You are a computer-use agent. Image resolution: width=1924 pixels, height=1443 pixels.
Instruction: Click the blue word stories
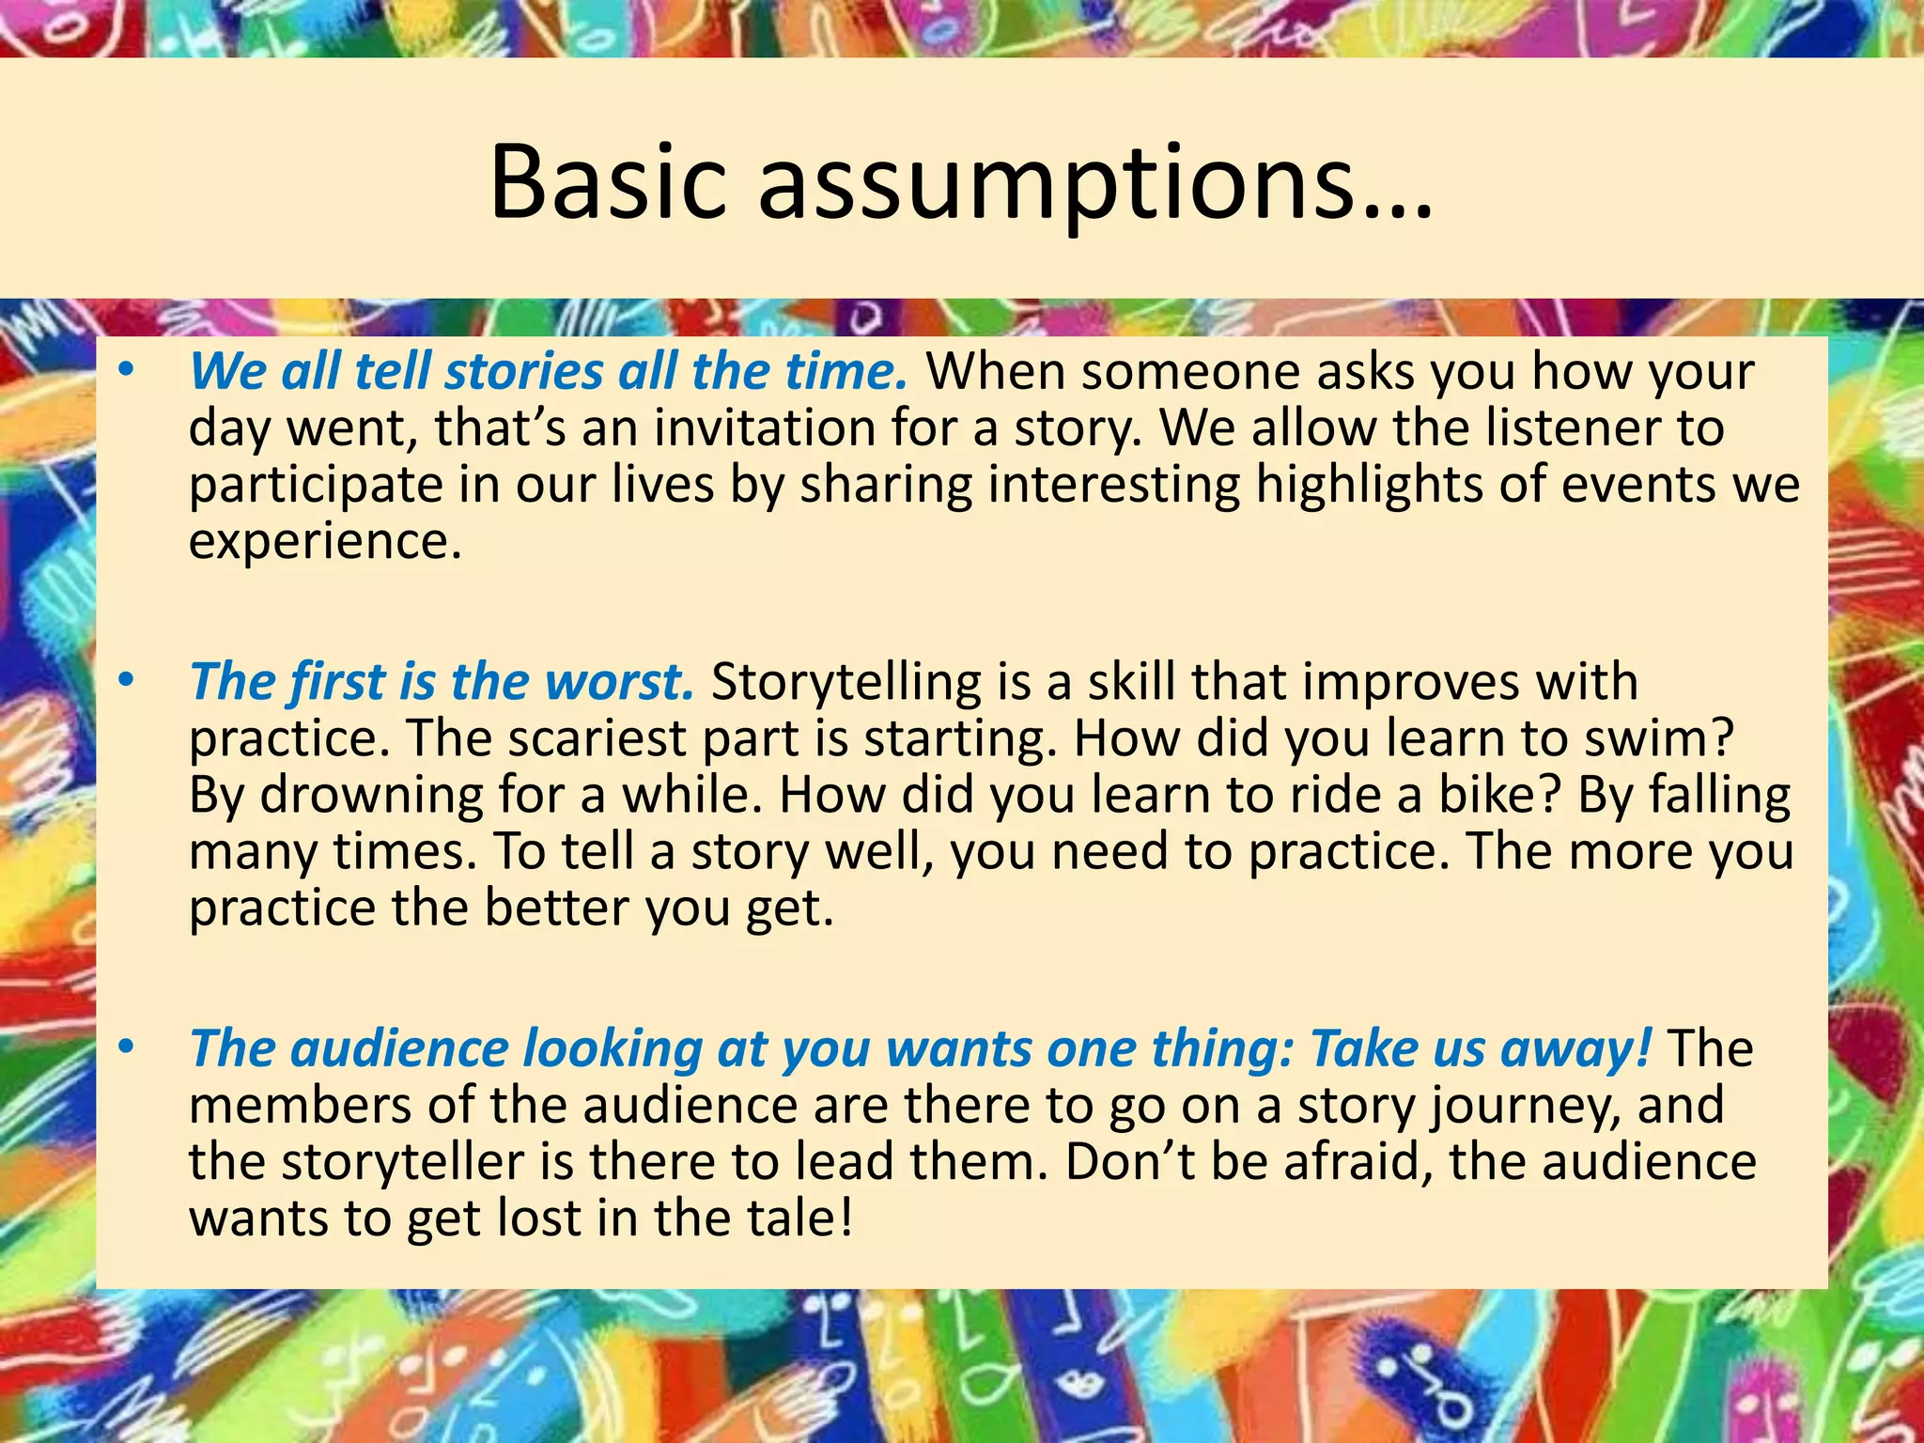523,371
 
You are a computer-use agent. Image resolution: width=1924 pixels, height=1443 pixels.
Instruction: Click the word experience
325,542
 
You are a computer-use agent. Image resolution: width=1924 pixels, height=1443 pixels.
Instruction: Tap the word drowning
371,796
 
